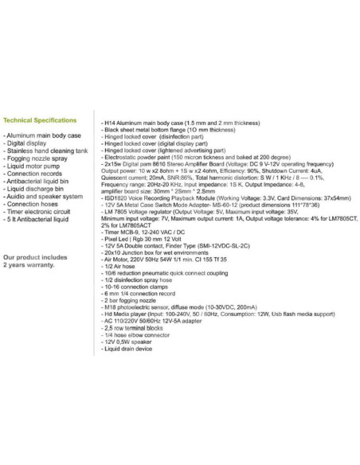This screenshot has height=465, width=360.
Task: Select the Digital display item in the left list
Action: tap(28, 147)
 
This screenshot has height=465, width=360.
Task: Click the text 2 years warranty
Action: tap(34, 268)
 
